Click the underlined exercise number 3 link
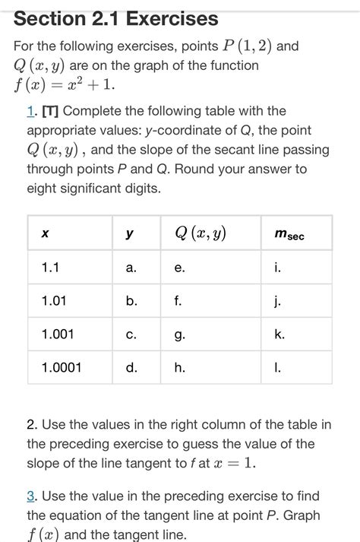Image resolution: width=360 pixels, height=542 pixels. click(x=31, y=496)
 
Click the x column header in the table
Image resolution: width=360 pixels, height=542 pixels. click(x=46, y=235)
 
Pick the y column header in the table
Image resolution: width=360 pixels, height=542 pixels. click(x=131, y=235)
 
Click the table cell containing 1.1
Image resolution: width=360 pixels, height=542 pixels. click(x=50, y=268)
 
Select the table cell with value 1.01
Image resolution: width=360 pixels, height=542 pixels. click(x=54, y=301)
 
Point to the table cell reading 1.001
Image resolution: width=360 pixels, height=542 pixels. click(x=58, y=334)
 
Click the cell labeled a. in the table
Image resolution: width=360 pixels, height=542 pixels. click(x=131, y=268)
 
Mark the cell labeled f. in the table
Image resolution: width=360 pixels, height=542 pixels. click(x=178, y=301)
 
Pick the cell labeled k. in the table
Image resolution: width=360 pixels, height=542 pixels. click(x=279, y=334)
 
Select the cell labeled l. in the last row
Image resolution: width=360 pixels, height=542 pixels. click(x=278, y=368)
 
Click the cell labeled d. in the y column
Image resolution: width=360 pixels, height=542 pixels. click(x=131, y=368)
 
